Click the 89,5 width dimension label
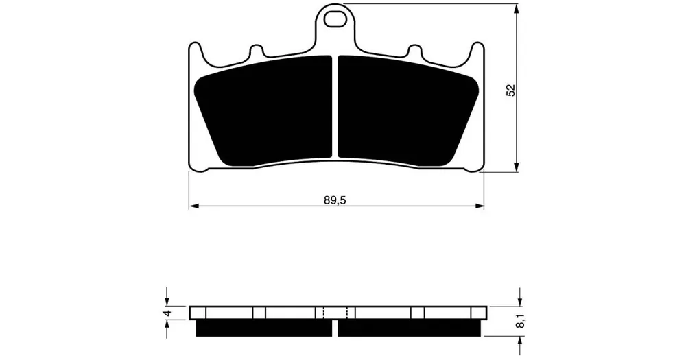(x=335, y=200)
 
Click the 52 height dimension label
(x=510, y=90)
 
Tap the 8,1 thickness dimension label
(x=519, y=322)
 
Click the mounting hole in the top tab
(x=335, y=20)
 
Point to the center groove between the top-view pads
(x=335, y=106)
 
